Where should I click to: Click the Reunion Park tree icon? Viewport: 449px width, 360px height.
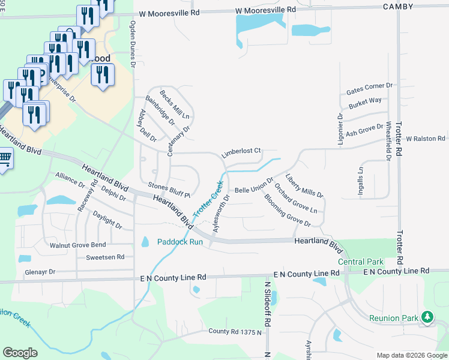pos(427,317)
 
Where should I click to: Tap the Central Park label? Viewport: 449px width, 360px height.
pos(360,262)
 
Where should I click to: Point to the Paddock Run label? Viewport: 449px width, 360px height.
pos(180,242)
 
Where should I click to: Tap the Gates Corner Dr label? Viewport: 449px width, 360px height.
pos(369,89)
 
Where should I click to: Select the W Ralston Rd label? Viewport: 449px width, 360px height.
pos(426,138)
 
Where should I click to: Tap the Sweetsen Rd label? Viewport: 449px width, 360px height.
pos(104,256)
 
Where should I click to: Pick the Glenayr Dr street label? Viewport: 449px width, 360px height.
pos(40,271)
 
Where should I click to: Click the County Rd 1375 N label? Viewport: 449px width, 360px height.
pos(235,331)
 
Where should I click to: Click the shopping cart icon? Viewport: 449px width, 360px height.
pos(4,159)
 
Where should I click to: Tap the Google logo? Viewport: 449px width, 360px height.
pos(20,353)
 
